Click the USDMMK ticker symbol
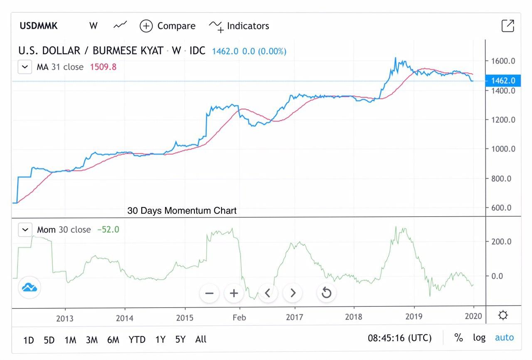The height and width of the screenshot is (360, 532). pos(39,26)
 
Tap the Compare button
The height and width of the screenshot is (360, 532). pos(167,26)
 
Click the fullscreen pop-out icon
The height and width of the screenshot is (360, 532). pos(507,26)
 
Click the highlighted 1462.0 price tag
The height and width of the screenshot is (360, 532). pos(502,81)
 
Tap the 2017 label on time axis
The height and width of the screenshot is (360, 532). pos(294,317)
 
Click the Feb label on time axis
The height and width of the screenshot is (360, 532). pos(239,317)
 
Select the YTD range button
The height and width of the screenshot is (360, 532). pos(137,340)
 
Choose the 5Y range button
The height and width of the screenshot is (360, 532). pos(180,340)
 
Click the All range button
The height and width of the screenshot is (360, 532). pos(201,340)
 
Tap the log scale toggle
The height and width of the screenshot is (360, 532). pos(479,338)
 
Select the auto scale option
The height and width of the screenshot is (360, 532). pos(504,338)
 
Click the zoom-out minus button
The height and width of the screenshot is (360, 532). pos(209,293)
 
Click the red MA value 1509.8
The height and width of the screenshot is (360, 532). pos(103,67)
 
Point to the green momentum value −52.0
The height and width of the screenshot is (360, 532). pos(108,229)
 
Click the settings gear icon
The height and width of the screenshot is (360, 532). pos(503,316)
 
